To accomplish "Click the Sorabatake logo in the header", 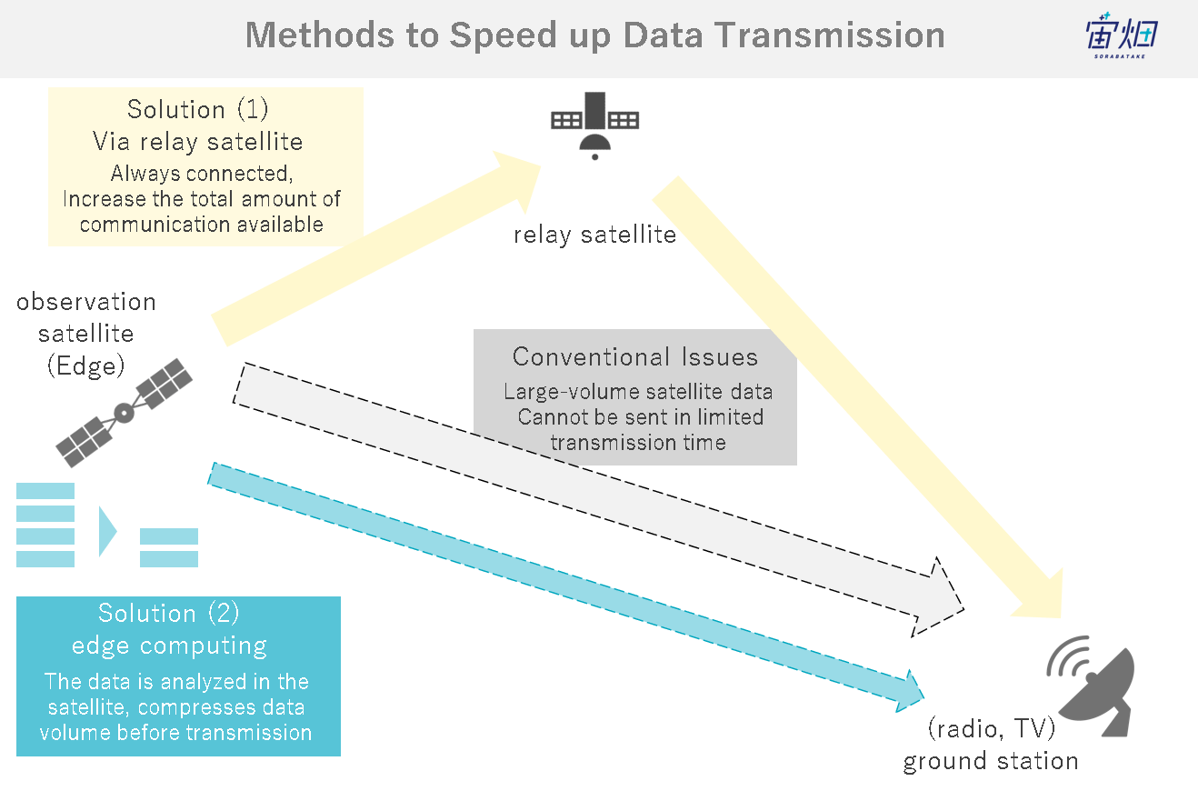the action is pos(1122,35).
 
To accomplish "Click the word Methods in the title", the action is pos(319,35).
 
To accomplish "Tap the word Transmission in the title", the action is pos(830,35).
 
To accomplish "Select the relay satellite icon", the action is pos(594,126).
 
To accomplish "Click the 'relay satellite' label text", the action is pos(594,235).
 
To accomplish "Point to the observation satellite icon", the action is pos(125,413).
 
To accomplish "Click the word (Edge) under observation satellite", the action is pos(86,366).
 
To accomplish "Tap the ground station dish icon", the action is pos(1092,686).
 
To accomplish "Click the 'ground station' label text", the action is pos(991,761).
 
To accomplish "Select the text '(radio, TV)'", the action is pos(992,728).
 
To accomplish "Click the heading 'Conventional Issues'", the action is pos(635,356).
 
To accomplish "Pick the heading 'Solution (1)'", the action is pos(198,110).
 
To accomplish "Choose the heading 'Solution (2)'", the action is pos(168,614).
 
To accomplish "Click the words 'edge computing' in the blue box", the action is pos(169,646).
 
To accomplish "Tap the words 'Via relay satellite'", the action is pos(198,142).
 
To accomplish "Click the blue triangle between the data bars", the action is pos(107,532).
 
